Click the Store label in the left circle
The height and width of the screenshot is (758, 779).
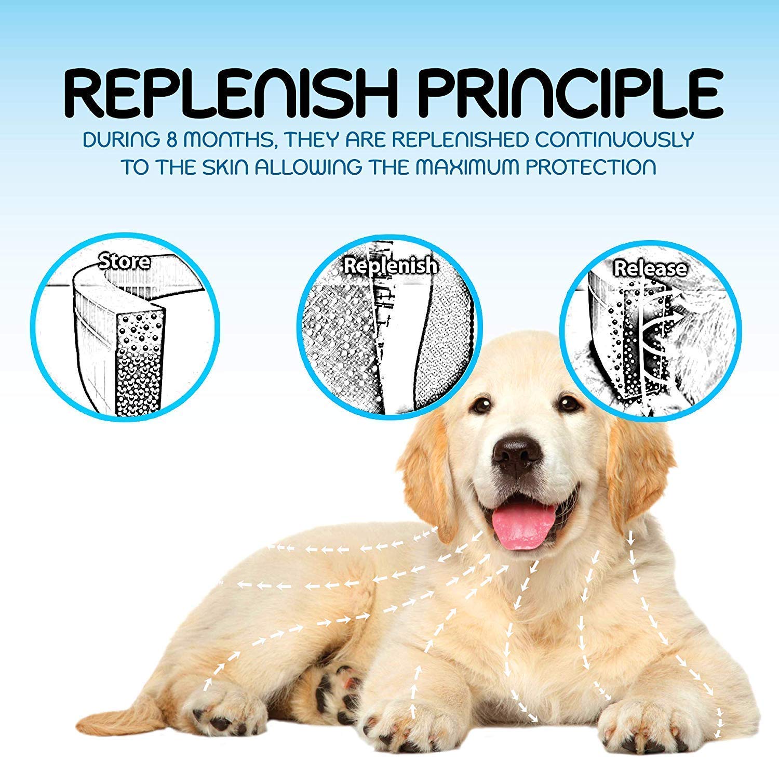click(x=125, y=261)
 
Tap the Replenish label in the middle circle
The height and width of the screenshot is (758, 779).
click(x=390, y=265)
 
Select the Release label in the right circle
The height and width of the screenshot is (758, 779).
click(x=650, y=268)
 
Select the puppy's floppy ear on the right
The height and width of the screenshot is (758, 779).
click(x=639, y=468)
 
